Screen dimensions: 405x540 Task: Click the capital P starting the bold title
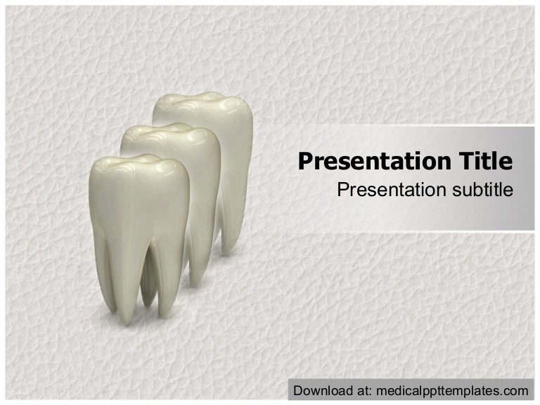[305, 162]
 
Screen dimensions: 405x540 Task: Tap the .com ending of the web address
[515, 390]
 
